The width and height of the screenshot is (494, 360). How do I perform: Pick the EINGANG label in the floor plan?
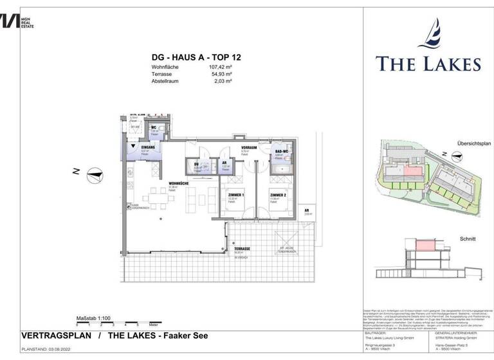147,147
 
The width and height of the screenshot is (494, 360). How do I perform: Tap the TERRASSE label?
242,249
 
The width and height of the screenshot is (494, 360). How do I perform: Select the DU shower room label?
196,164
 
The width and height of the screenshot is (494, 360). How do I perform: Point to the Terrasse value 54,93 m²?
220,73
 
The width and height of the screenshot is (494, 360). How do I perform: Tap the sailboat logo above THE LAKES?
428,35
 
